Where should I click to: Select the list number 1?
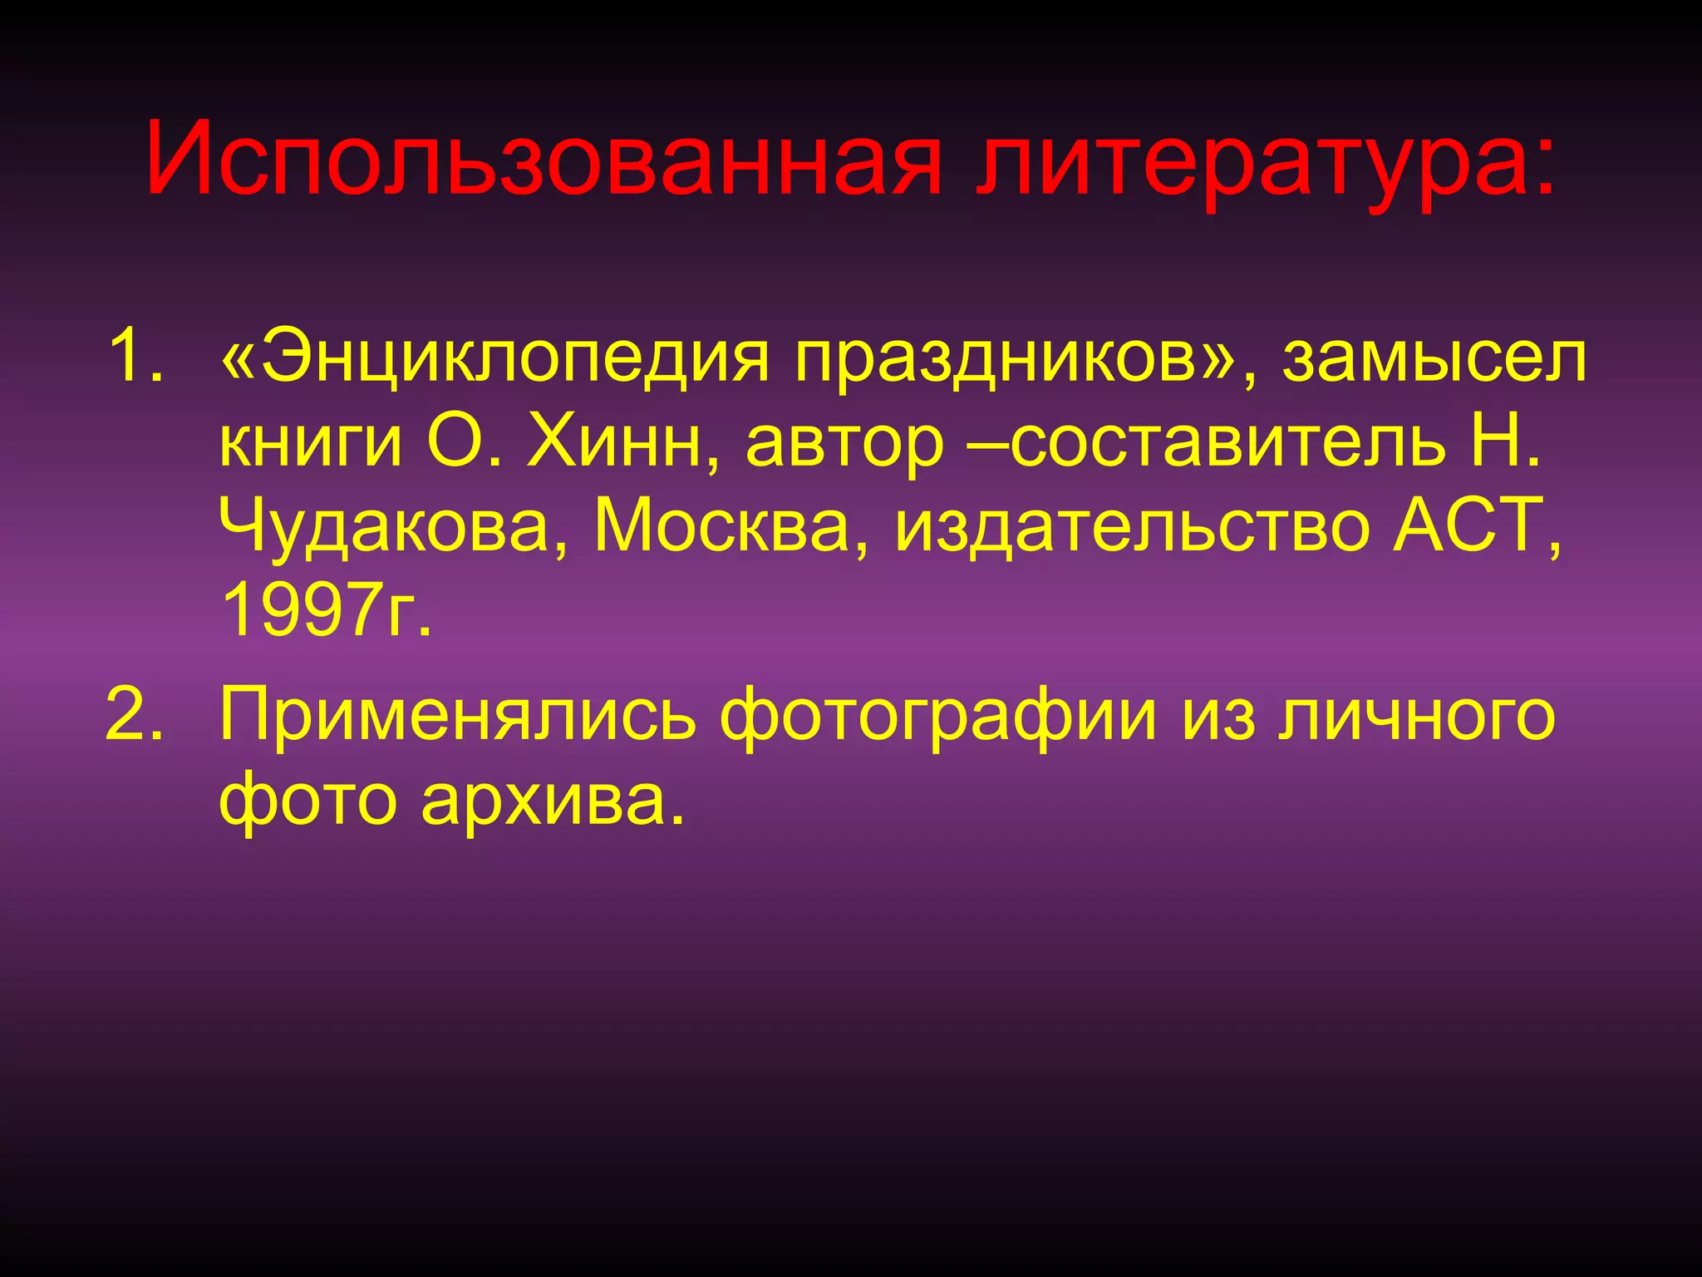tap(133, 356)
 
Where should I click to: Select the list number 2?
tap(133, 713)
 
